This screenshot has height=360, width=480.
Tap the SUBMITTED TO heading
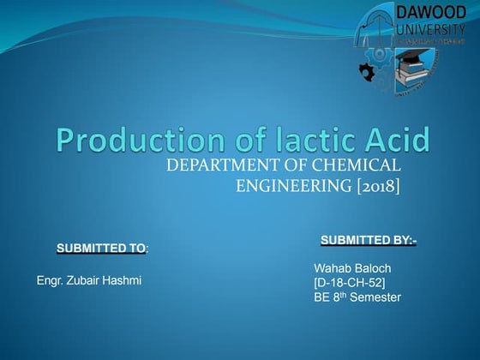[101, 249]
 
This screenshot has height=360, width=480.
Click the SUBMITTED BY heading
[368, 239]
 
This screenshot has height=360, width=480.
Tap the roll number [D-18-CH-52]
[349, 283]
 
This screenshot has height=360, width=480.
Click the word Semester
[374, 297]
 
